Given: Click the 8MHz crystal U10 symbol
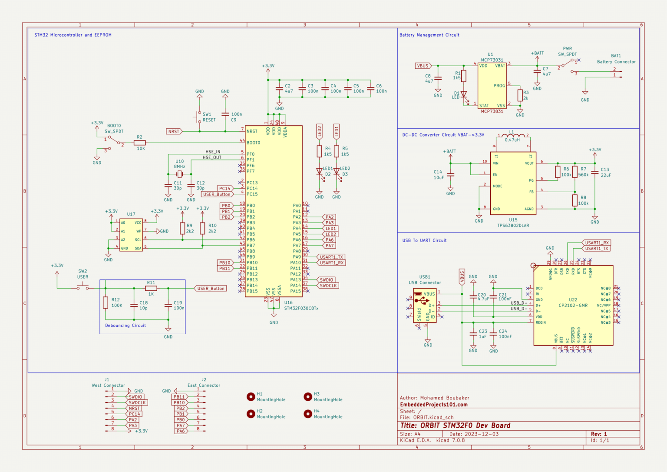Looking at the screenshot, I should pyautogui.click(x=179, y=174).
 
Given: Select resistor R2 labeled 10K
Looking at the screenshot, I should pyautogui.click(x=139, y=143).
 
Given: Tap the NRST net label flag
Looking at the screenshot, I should pyautogui.click(x=174, y=131).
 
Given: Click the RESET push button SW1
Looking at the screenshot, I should pyautogui.click(x=199, y=116).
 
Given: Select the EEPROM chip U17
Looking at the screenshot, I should pyautogui.click(x=131, y=235).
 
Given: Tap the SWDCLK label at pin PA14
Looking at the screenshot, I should pyautogui.click(x=328, y=286).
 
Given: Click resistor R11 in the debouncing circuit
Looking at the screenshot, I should pyautogui.click(x=151, y=288).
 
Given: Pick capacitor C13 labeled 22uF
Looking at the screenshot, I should pyautogui.click(x=595, y=172).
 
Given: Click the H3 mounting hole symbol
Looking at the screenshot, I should pyautogui.click(x=308, y=396).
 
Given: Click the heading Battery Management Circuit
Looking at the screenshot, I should pyautogui.click(x=429, y=35).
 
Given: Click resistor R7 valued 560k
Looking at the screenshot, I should pyautogui.click(x=575, y=172).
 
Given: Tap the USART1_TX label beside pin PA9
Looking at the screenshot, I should pyautogui.click(x=331, y=257).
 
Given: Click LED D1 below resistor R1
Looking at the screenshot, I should pyautogui.click(x=464, y=94).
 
